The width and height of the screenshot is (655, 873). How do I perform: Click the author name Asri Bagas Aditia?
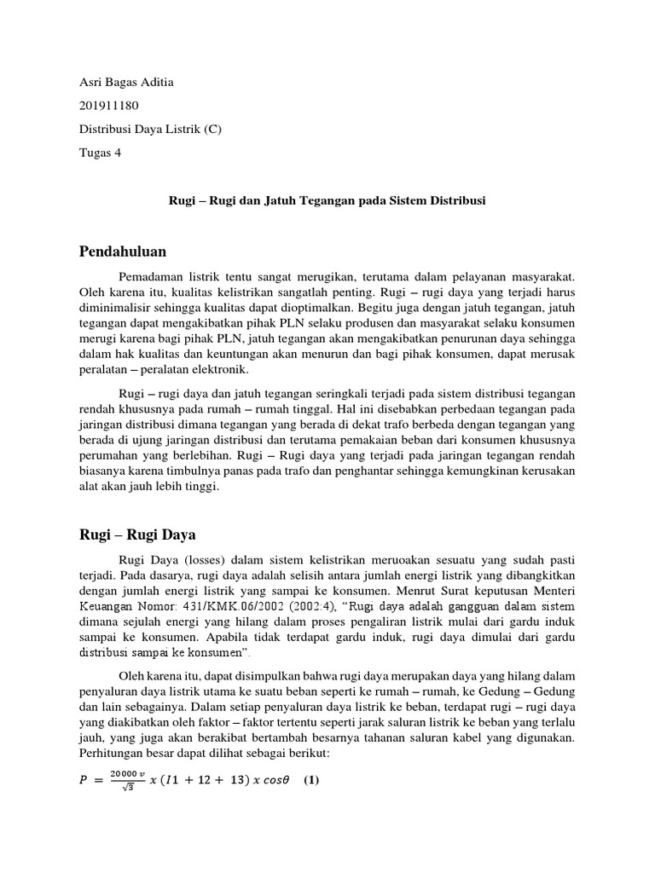[x=125, y=83]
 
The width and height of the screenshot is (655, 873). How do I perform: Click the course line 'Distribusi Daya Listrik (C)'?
[x=150, y=130]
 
